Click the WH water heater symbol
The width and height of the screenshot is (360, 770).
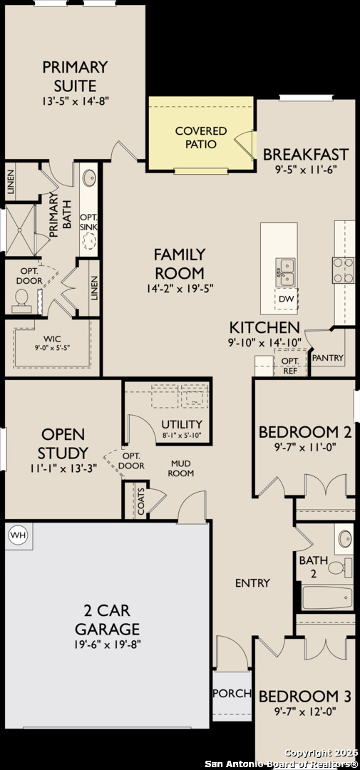(18, 534)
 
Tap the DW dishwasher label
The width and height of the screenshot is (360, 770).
(285, 299)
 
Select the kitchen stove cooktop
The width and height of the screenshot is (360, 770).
(344, 270)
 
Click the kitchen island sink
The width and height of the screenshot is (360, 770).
(285, 272)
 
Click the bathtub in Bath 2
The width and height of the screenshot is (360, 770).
(327, 597)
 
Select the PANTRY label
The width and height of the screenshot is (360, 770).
(328, 358)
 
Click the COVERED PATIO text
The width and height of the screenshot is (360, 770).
(201, 138)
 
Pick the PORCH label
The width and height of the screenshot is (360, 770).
(232, 694)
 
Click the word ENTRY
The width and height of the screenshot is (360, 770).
(252, 583)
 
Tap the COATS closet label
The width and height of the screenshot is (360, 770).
(141, 501)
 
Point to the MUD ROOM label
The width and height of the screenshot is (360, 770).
(182, 468)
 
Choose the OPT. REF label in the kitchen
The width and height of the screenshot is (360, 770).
(290, 365)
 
